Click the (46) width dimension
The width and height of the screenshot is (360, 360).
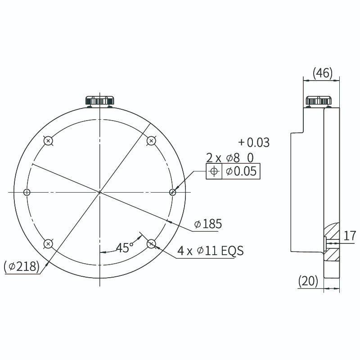(x=322, y=73)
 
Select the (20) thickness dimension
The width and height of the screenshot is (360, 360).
(x=308, y=281)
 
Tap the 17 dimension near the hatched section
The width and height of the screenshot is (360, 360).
(x=350, y=235)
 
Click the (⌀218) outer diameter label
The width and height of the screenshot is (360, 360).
(x=21, y=266)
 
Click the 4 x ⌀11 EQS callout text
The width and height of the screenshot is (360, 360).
(x=210, y=251)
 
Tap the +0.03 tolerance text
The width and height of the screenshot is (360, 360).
(x=254, y=143)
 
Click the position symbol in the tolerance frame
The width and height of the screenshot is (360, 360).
(x=214, y=171)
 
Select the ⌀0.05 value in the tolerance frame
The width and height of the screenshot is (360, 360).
(x=241, y=171)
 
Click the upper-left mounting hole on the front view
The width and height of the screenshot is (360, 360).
(x=49, y=141)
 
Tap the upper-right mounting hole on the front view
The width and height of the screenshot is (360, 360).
(x=151, y=141)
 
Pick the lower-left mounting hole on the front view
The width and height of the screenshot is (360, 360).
(x=48, y=244)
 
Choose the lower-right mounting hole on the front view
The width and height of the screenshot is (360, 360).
(x=151, y=244)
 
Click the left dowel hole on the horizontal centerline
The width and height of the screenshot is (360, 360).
(x=27, y=192)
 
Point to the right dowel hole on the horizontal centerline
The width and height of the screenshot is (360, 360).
(x=172, y=192)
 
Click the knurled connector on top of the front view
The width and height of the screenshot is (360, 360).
(x=100, y=101)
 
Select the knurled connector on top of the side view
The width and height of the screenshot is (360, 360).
(x=319, y=101)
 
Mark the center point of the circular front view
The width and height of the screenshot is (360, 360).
(x=99, y=192)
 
